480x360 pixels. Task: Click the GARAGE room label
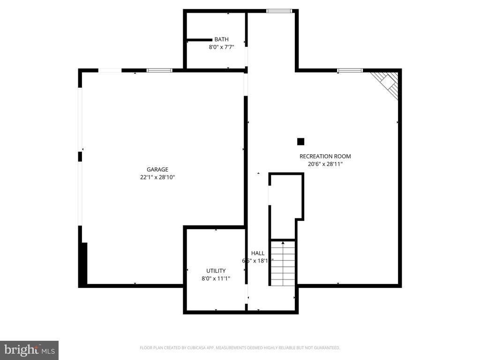pyautogui.click(x=157, y=170)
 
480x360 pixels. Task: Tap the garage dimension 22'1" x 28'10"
pyautogui.click(x=157, y=177)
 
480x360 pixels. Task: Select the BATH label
pyautogui.click(x=221, y=39)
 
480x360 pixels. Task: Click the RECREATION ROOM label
pyautogui.click(x=325, y=157)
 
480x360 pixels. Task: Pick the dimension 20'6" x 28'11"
pyautogui.click(x=325, y=164)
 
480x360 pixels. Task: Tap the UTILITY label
pyautogui.click(x=216, y=271)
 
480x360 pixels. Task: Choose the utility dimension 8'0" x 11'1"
pyautogui.click(x=216, y=278)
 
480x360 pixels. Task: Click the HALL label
pyautogui.click(x=258, y=253)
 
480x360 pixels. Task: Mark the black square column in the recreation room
pyautogui.click(x=301, y=142)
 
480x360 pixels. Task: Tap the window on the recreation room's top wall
pyautogui.click(x=350, y=70)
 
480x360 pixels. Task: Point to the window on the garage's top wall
pyautogui.click(x=159, y=70)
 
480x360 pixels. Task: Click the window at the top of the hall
pyautogui.click(x=279, y=11)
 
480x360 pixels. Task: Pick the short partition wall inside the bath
pyautogui.click(x=200, y=40)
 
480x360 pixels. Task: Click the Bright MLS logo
pyautogui.click(x=29, y=350)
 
